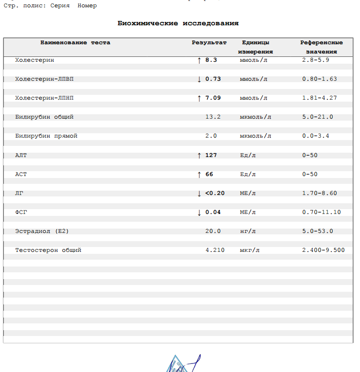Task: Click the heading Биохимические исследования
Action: click(178, 23)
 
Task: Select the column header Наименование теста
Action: click(75, 42)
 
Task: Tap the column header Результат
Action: click(209, 42)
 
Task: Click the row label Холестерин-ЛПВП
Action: click(44, 79)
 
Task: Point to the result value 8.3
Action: click(211, 60)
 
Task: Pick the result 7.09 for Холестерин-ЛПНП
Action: click(213, 98)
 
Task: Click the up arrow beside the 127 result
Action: click(199, 155)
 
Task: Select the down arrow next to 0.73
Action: click(199, 79)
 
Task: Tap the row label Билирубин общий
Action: click(44, 117)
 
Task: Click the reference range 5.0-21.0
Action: click(317, 117)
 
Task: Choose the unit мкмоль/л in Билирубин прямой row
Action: click(255, 136)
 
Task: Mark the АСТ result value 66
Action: click(209, 174)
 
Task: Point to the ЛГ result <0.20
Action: click(215, 193)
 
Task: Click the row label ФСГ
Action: click(21, 212)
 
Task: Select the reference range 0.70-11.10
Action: click(321, 212)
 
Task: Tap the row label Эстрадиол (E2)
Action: click(45, 231)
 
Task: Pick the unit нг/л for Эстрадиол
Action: click(248, 231)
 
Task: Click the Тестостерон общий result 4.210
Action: click(215, 250)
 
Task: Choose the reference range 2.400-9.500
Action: click(323, 250)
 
